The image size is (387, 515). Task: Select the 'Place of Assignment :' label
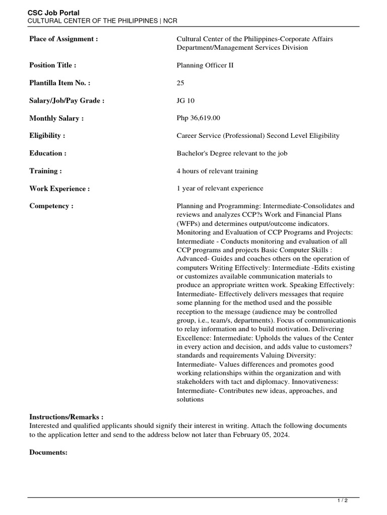click(x=63, y=39)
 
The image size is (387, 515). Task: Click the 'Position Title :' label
click(x=53, y=65)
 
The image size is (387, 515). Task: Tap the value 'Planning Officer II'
click(x=205, y=65)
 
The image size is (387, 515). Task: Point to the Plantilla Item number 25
click(x=180, y=83)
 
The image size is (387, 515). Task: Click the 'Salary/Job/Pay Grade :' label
click(x=67, y=101)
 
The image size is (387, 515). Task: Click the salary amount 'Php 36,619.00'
click(x=198, y=118)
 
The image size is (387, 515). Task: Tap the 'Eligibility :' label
click(x=47, y=136)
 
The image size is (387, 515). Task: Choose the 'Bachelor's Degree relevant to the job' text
click(x=232, y=153)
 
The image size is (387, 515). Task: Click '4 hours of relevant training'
click(x=217, y=171)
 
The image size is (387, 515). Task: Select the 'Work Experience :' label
click(x=59, y=189)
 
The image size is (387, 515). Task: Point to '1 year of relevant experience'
click(x=220, y=189)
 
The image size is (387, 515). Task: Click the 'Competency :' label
click(x=51, y=206)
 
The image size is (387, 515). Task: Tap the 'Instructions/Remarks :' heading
click(x=67, y=417)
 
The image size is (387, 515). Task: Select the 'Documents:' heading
click(x=48, y=452)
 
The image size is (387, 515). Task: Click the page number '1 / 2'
click(x=342, y=501)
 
